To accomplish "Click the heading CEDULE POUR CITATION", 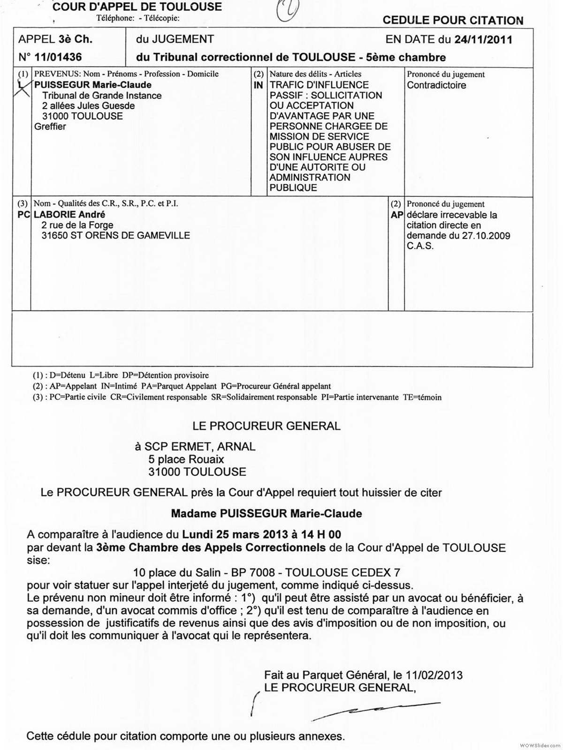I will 452,21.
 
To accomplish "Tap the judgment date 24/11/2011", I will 483,39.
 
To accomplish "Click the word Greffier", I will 50,127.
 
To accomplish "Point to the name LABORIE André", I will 69,215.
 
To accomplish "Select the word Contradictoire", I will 436,85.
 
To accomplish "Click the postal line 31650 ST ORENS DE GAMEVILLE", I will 116,235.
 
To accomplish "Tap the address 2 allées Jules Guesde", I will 88,106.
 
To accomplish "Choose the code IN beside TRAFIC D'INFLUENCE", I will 259,85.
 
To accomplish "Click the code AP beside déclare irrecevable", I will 396,215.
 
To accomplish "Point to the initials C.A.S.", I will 420,246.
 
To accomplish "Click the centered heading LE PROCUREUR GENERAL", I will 266,426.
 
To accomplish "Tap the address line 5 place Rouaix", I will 186,459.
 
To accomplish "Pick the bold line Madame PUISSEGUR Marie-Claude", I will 266,514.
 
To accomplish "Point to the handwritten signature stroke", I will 375,710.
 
